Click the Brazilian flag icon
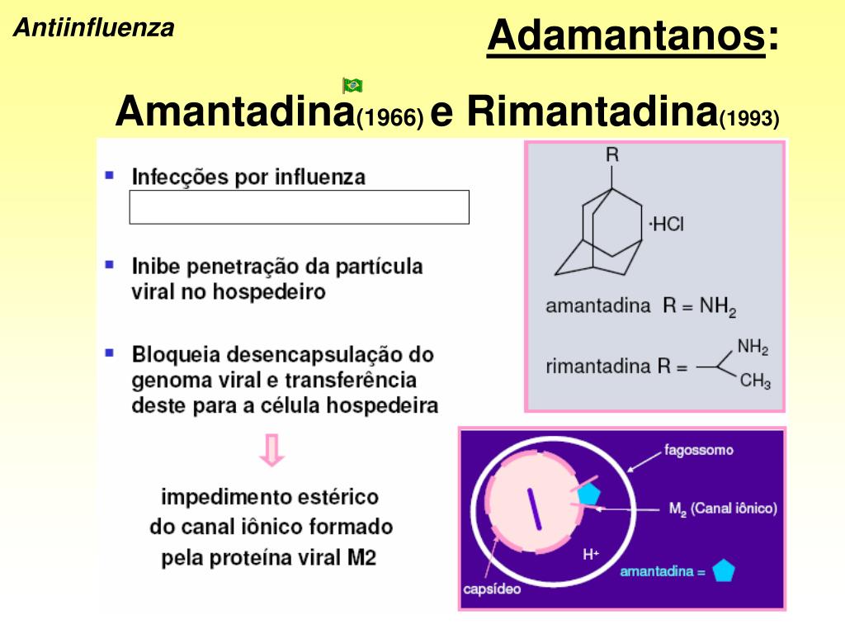click(x=352, y=84)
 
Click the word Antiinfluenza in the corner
click(x=94, y=28)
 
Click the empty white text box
click(x=299, y=207)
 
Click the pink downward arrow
click(x=272, y=451)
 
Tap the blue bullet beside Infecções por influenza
click(x=110, y=175)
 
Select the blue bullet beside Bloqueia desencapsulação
click(x=110, y=352)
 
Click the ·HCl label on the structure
click(x=666, y=225)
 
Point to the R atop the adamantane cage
click(x=612, y=154)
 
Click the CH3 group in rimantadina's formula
click(x=754, y=381)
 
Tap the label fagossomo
click(x=699, y=451)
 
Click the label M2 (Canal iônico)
click(x=723, y=509)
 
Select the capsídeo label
click(x=492, y=589)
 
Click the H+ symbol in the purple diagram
click(x=591, y=554)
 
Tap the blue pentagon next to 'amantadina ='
click(x=724, y=571)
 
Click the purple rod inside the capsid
click(x=534, y=509)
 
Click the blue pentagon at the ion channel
click(x=588, y=494)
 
